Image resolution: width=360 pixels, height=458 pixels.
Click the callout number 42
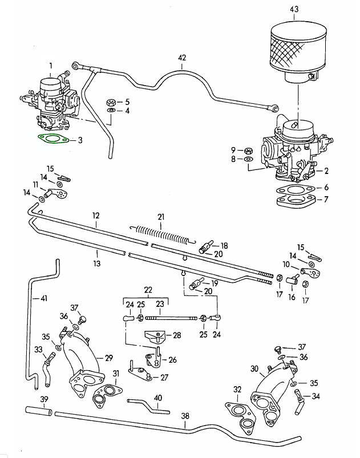(x=182, y=58)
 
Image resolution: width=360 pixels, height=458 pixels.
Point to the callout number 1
(x=50, y=66)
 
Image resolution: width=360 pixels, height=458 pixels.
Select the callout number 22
(x=148, y=290)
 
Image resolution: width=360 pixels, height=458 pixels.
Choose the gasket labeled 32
(x=242, y=415)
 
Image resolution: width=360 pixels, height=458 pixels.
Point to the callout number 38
(x=185, y=416)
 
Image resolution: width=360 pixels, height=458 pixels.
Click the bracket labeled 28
(x=155, y=337)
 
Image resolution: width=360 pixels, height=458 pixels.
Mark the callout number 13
(x=96, y=264)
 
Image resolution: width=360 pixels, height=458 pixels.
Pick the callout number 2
(x=326, y=171)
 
